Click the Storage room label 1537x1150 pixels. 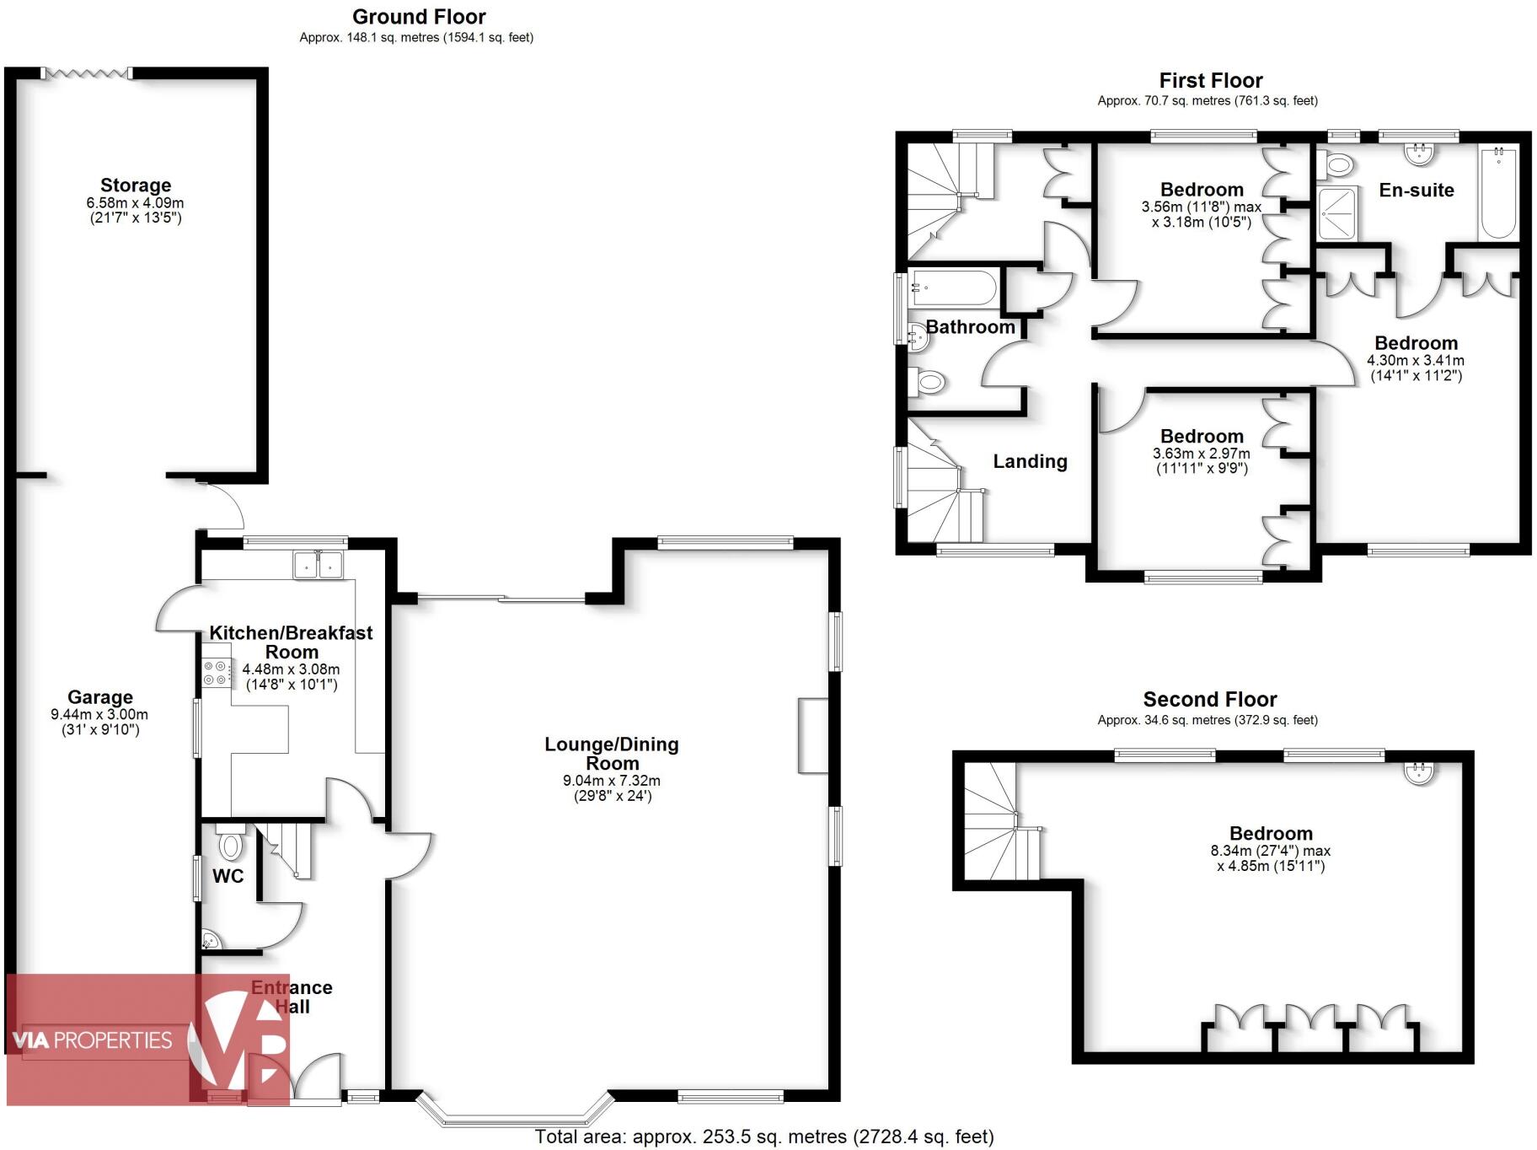pyautogui.click(x=136, y=185)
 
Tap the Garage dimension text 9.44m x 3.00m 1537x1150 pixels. pyautogui.click(x=99, y=714)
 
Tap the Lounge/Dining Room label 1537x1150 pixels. pyautogui.click(x=611, y=754)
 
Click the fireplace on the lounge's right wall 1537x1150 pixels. pyautogui.click(x=813, y=735)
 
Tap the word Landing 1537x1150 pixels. pyautogui.click(x=1030, y=461)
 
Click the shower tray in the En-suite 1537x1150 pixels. pyautogui.click(x=1337, y=213)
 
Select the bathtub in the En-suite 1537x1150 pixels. pyautogui.click(x=1499, y=193)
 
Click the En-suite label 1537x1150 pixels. pyautogui.click(x=1416, y=191)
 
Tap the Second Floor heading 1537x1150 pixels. pyautogui.click(x=1209, y=699)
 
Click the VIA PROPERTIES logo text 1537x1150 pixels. pyautogui.click(x=93, y=1040)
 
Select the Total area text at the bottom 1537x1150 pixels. pyautogui.click(x=764, y=1137)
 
